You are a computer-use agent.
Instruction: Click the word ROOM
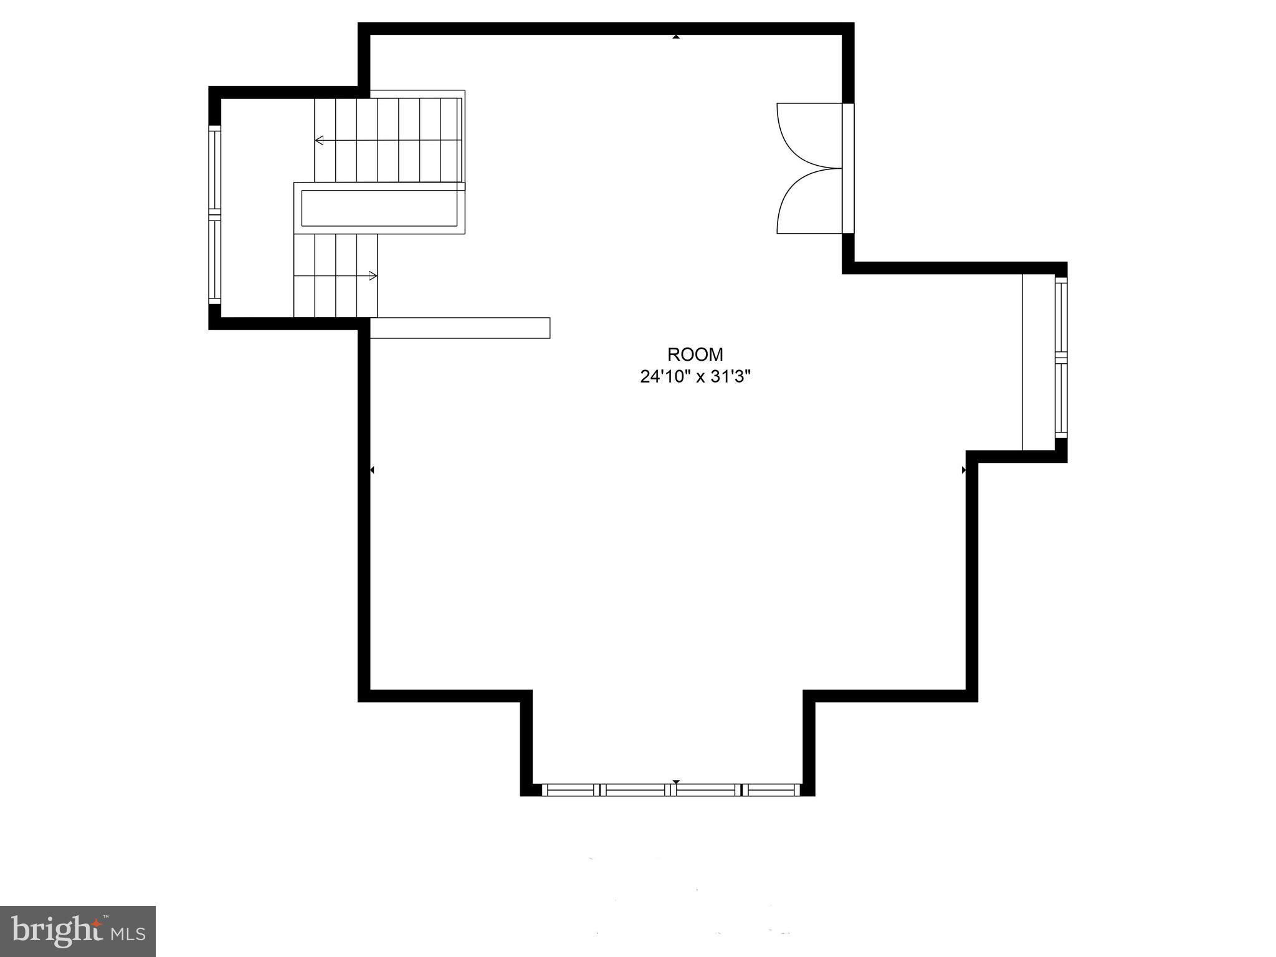[695, 355]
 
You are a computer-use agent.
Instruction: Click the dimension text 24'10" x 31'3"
[695, 377]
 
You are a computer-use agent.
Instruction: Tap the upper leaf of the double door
[806, 134]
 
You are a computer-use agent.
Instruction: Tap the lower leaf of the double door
[806, 202]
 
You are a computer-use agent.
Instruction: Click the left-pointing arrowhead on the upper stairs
[319, 140]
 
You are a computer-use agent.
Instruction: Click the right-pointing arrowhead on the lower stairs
[373, 275]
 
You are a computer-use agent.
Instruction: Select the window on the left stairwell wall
[214, 214]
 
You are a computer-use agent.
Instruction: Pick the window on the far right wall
[1060, 358]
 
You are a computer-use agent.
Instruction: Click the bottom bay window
[670, 789]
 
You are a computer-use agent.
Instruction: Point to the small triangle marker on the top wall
[676, 37]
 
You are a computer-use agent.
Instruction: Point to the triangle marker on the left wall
[372, 470]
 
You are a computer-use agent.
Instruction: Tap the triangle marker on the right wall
[964, 470]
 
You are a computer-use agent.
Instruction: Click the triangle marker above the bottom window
[676, 781]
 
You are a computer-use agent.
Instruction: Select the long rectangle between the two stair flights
[379, 208]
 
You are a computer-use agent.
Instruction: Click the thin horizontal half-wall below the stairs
[460, 328]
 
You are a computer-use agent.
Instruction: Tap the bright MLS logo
[77, 931]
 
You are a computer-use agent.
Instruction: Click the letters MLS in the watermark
[128, 933]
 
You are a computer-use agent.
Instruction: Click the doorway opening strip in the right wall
[848, 168]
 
